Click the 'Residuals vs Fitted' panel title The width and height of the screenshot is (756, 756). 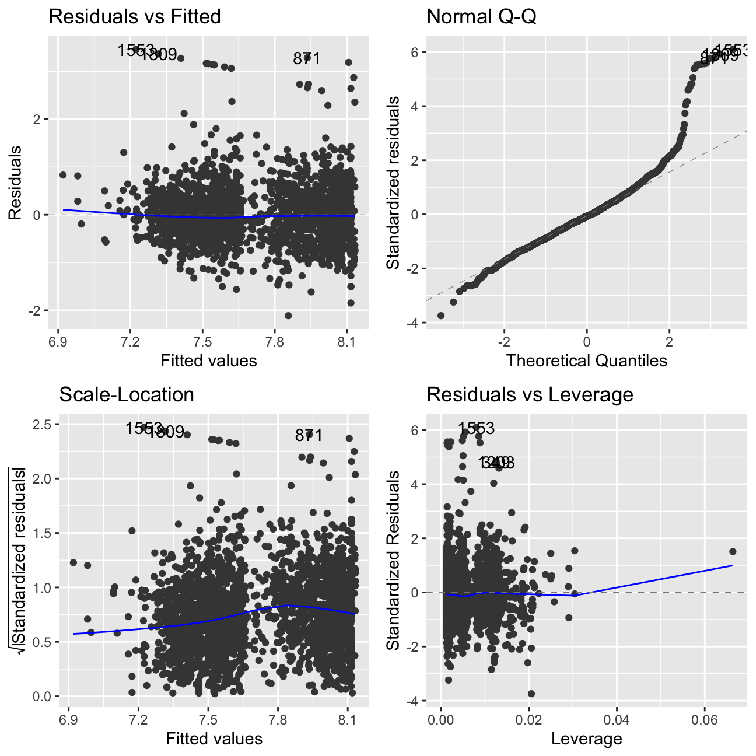135,16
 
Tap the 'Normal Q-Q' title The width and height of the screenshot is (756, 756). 481,16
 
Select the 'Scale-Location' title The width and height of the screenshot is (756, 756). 127,394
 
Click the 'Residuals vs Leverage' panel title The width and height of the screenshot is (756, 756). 530,394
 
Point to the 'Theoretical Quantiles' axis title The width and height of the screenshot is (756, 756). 586,360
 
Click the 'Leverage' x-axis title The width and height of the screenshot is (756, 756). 586,739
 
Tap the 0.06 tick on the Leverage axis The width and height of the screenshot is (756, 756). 704,716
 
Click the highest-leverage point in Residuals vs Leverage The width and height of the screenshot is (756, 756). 733,551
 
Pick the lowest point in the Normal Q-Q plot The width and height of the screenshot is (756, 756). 441,316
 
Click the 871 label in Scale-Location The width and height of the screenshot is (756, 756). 309,435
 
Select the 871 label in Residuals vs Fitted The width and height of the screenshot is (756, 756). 307,58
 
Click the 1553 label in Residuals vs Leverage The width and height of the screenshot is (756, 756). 476,429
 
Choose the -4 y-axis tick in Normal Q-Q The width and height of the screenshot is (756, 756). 413,323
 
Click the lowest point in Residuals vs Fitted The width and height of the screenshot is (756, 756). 288,316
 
